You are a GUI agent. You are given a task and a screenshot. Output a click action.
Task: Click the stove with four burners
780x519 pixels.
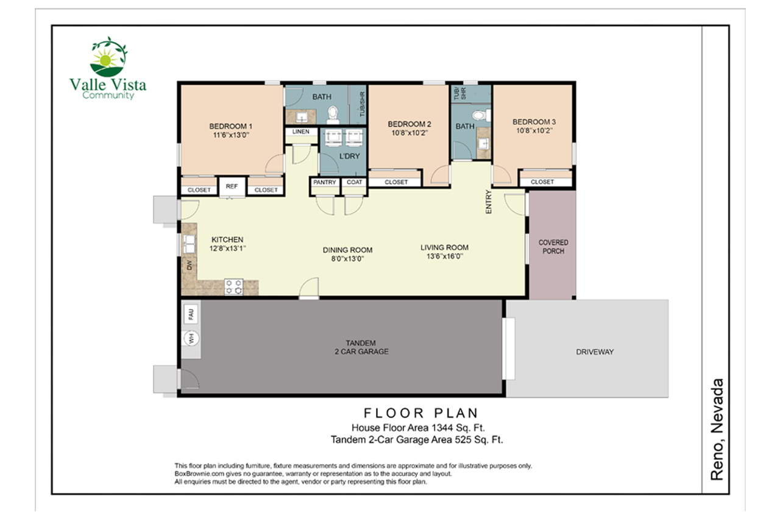[233, 286]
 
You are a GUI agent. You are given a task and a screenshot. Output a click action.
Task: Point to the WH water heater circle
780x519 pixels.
[191, 338]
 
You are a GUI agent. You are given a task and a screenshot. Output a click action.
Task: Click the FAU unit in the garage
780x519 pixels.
[191, 314]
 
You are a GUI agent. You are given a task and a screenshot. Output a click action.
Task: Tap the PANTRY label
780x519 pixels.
[324, 182]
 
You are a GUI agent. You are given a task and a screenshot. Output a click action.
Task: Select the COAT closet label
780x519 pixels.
[354, 182]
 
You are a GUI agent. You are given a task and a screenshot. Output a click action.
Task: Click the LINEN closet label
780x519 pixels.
[301, 132]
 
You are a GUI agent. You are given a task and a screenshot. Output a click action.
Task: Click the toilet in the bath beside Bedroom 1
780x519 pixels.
[332, 113]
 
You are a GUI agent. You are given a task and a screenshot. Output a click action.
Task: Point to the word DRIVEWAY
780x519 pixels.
[594, 352]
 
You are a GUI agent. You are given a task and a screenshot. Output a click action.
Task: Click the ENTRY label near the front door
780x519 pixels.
[489, 202]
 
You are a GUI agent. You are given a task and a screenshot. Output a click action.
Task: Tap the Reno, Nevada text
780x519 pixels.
[718, 429]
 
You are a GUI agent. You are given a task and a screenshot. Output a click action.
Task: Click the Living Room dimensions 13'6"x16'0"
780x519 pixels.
[444, 256]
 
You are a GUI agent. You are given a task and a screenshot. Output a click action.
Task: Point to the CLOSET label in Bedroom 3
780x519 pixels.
[542, 182]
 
